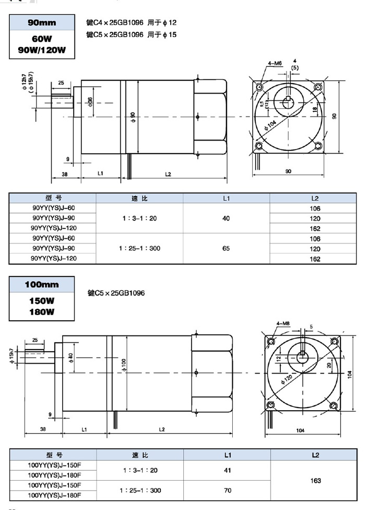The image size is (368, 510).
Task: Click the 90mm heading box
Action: (x=42, y=23)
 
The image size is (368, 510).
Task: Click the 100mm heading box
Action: (x=42, y=285)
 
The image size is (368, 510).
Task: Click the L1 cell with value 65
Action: (x=226, y=249)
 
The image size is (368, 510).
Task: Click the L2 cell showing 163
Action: (x=315, y=481)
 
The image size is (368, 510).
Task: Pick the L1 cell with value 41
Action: (x=227, y=470)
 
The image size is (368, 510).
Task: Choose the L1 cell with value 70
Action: (x=227, y=491)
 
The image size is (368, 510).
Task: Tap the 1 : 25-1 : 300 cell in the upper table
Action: (x=139, y=249)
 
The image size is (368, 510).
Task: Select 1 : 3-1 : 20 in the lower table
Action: (x=139, y=470)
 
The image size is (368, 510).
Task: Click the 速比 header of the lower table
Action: (x=139, y=455)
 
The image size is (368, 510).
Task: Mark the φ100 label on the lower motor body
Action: (x=124, y=364)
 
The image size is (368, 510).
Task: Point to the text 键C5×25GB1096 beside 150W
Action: (x=116, y=293)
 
